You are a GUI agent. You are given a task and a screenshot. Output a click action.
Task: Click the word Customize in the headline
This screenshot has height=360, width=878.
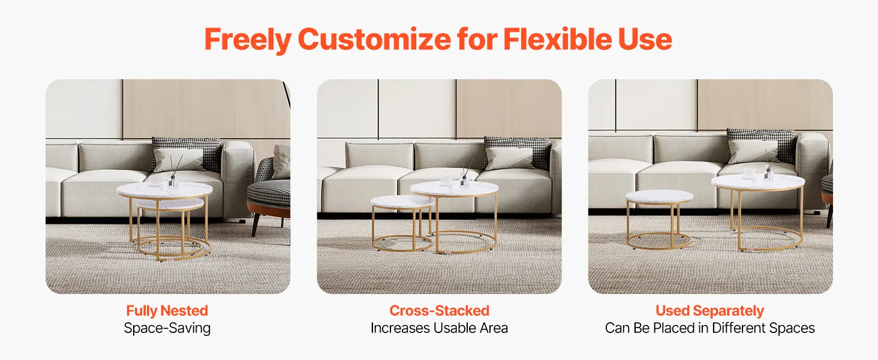[374, 40]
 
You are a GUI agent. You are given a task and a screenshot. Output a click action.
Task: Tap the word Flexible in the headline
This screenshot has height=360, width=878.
[557, 39]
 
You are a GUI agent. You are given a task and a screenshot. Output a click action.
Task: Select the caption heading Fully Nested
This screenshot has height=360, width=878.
[167, 311]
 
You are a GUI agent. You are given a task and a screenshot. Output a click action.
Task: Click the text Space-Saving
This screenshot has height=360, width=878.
[167, 328]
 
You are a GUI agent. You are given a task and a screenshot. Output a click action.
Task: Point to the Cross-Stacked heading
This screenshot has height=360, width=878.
[440, 311]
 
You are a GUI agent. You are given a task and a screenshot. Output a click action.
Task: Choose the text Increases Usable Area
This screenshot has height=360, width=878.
[439, 328]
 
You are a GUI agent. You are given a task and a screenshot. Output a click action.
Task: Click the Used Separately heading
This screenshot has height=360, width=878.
[710, 311]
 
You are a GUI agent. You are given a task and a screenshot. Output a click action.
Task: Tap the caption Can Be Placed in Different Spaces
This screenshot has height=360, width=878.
[710, 328]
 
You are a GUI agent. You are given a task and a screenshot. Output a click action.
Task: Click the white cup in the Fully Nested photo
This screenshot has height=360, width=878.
[155, 181]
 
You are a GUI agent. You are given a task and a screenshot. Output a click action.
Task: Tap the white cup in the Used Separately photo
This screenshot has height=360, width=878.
[750, 173]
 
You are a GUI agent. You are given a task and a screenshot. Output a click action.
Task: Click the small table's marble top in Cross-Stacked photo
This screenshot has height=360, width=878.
[402, 202]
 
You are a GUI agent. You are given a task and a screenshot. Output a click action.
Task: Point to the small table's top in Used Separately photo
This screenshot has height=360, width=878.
[659, 197]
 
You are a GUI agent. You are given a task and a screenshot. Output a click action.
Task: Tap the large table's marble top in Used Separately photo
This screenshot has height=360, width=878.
[758, 181]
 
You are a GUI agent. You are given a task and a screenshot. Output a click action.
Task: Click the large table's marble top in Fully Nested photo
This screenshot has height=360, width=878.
[164, 190]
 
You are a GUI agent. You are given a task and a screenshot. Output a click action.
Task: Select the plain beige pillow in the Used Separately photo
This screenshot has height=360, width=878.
[752, 151]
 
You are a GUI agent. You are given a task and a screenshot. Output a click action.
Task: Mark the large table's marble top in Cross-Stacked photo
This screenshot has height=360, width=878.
[455, 188]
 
